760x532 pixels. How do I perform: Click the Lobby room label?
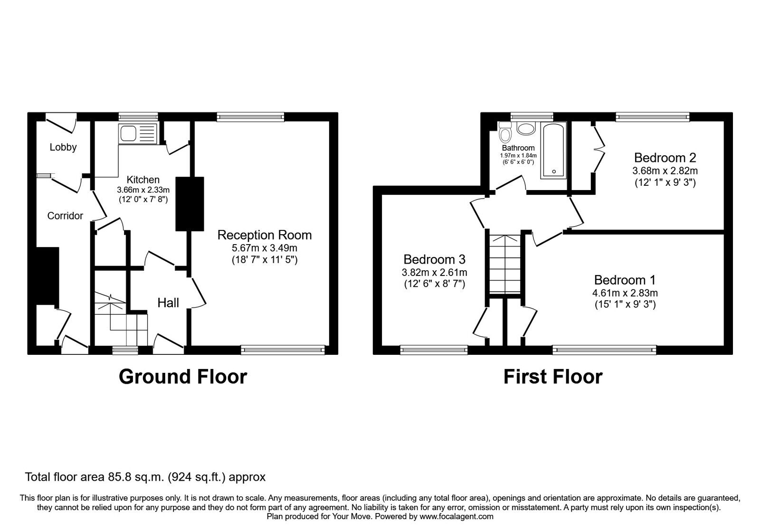point(63,147)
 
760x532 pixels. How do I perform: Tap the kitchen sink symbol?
point(138,133)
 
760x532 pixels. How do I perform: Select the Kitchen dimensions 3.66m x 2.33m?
point(143,190)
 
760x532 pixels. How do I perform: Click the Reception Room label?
point(265,235)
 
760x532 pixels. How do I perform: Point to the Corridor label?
point(65,216)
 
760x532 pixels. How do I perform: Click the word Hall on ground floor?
point(168,303)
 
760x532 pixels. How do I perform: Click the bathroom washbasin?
point(525,128)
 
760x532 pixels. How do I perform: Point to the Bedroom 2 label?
point(665,158)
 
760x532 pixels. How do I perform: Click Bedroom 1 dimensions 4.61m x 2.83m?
point(626,293)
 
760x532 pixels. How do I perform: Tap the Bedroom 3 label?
point(434,259)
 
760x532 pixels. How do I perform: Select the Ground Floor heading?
point(183,377)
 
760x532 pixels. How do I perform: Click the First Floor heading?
point(553,377)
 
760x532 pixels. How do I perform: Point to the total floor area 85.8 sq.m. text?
point(145,477)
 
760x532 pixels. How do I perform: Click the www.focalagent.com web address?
point(456,516)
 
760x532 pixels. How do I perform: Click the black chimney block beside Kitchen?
point(190,204)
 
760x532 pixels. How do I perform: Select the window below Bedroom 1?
point(605,351)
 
